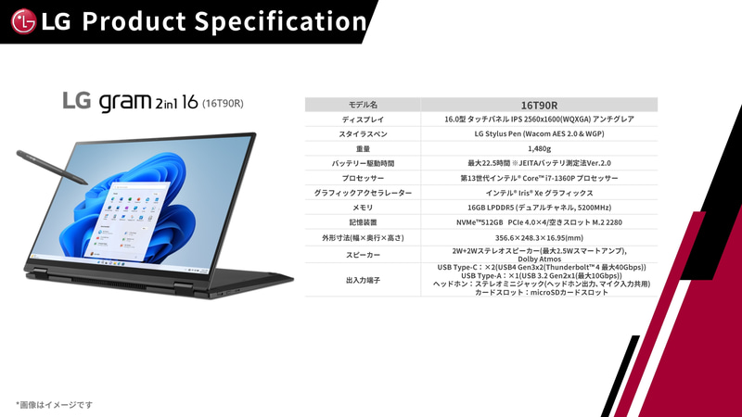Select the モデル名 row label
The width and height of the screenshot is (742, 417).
[363, 105]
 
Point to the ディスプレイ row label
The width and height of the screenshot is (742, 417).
[363, 120]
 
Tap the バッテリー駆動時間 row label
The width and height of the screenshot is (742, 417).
[363, 163]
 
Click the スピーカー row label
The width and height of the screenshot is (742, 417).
[363, 254]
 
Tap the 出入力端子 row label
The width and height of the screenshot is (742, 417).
[363, 280]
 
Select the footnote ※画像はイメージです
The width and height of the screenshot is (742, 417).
[54, 404]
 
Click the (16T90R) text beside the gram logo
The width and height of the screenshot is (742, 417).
[223, 103]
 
